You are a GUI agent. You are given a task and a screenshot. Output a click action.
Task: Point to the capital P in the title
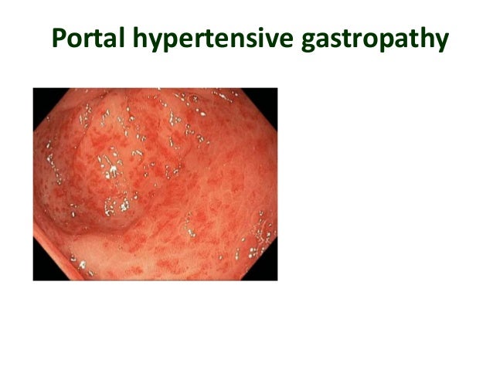tap(59, 39)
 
